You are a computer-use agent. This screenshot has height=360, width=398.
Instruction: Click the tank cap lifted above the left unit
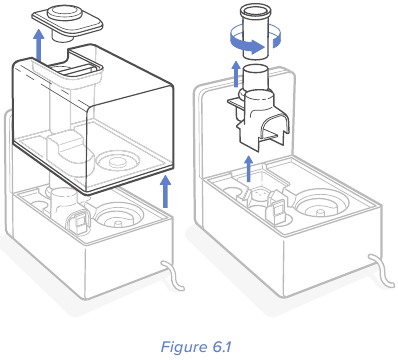click(x=67, y=23)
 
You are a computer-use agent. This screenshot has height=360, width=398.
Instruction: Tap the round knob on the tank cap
click(x=64, y=13)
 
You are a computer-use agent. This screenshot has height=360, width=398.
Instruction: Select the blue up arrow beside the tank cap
click(x=39, y=45)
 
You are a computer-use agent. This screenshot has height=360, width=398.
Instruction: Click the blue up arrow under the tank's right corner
click(x=165, y=191)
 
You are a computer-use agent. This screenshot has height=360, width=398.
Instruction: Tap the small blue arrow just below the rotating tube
click(x=236, y=73)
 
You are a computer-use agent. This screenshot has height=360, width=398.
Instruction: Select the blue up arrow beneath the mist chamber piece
click(x=248, y=169)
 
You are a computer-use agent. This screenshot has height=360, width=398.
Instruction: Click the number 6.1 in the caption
click(x=220, y=347)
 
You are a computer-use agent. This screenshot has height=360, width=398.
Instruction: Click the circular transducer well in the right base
click(x=322, y=204)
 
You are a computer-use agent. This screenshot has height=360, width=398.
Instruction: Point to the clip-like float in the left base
click(x=78, y=223)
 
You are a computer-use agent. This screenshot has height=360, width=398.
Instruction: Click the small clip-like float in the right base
click(x=277, y=211)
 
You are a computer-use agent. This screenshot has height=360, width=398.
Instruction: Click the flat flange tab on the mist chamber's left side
click(x=236, y=103)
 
